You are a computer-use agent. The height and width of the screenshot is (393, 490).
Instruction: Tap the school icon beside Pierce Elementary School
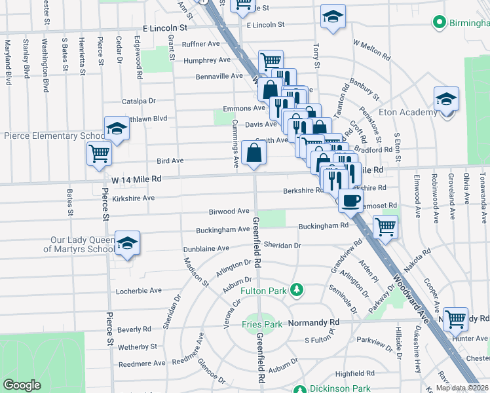pos(117,128)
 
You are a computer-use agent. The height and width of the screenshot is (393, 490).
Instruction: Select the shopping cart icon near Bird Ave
pos(100,154)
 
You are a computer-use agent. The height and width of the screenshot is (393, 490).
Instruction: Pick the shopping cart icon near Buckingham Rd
pos(385,227)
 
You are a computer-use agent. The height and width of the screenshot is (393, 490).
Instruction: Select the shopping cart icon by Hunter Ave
pos(455,319)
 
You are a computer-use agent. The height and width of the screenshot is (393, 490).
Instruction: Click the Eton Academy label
pos(411,113)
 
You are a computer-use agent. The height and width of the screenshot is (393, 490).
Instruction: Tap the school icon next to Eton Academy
pos(446,99)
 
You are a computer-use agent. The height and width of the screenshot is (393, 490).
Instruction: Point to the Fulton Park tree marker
pos(297,289)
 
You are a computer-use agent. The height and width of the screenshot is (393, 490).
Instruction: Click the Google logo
pos(22,385)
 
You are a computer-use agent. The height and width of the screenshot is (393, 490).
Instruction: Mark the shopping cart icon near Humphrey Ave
pos(271,62)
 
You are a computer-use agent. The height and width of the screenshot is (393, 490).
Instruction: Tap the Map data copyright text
pos(462,388)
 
